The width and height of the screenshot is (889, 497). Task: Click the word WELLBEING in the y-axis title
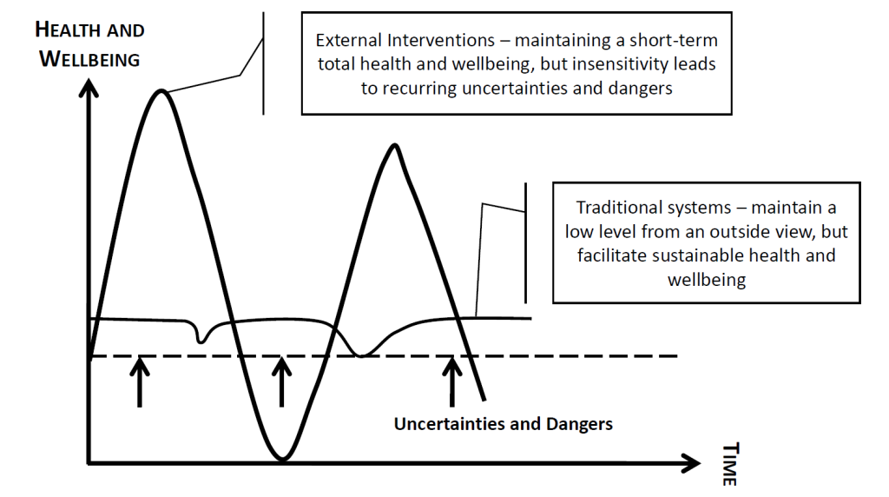click(x=89, y=59)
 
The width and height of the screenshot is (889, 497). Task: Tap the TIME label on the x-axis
click(x=729, y=463)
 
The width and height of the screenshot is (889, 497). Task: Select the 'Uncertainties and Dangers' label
click(x=504, y=424)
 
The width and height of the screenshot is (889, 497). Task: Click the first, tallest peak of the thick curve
click(x=161, y=91)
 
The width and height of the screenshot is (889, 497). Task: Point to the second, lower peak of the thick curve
click(x=395, y=146)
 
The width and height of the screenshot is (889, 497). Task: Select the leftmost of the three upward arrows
click(x=140, y=382)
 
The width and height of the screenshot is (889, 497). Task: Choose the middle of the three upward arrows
click(x=282, y=382)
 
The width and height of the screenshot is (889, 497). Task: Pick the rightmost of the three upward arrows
click(x=451, y=382)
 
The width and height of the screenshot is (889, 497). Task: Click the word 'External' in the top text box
click(x=349, y=40)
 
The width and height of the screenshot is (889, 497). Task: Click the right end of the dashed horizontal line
click(x=677, y=355)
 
